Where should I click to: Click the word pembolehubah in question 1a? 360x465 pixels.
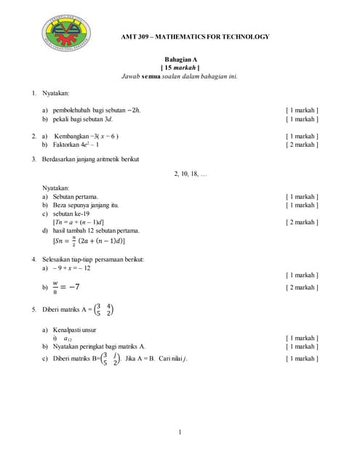tap(72, 110)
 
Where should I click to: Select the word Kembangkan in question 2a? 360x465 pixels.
tap(71, 136)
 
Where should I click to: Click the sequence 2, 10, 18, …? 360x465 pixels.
tap(191, 174)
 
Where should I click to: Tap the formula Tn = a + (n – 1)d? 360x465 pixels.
tap(78, 222)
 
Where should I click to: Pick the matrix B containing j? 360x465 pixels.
tap(109, 358)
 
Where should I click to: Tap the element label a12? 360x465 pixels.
tap(68, 339)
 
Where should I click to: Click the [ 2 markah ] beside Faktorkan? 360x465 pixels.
tap(302, 145)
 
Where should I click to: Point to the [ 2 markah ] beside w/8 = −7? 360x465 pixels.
tap(302, 287)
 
